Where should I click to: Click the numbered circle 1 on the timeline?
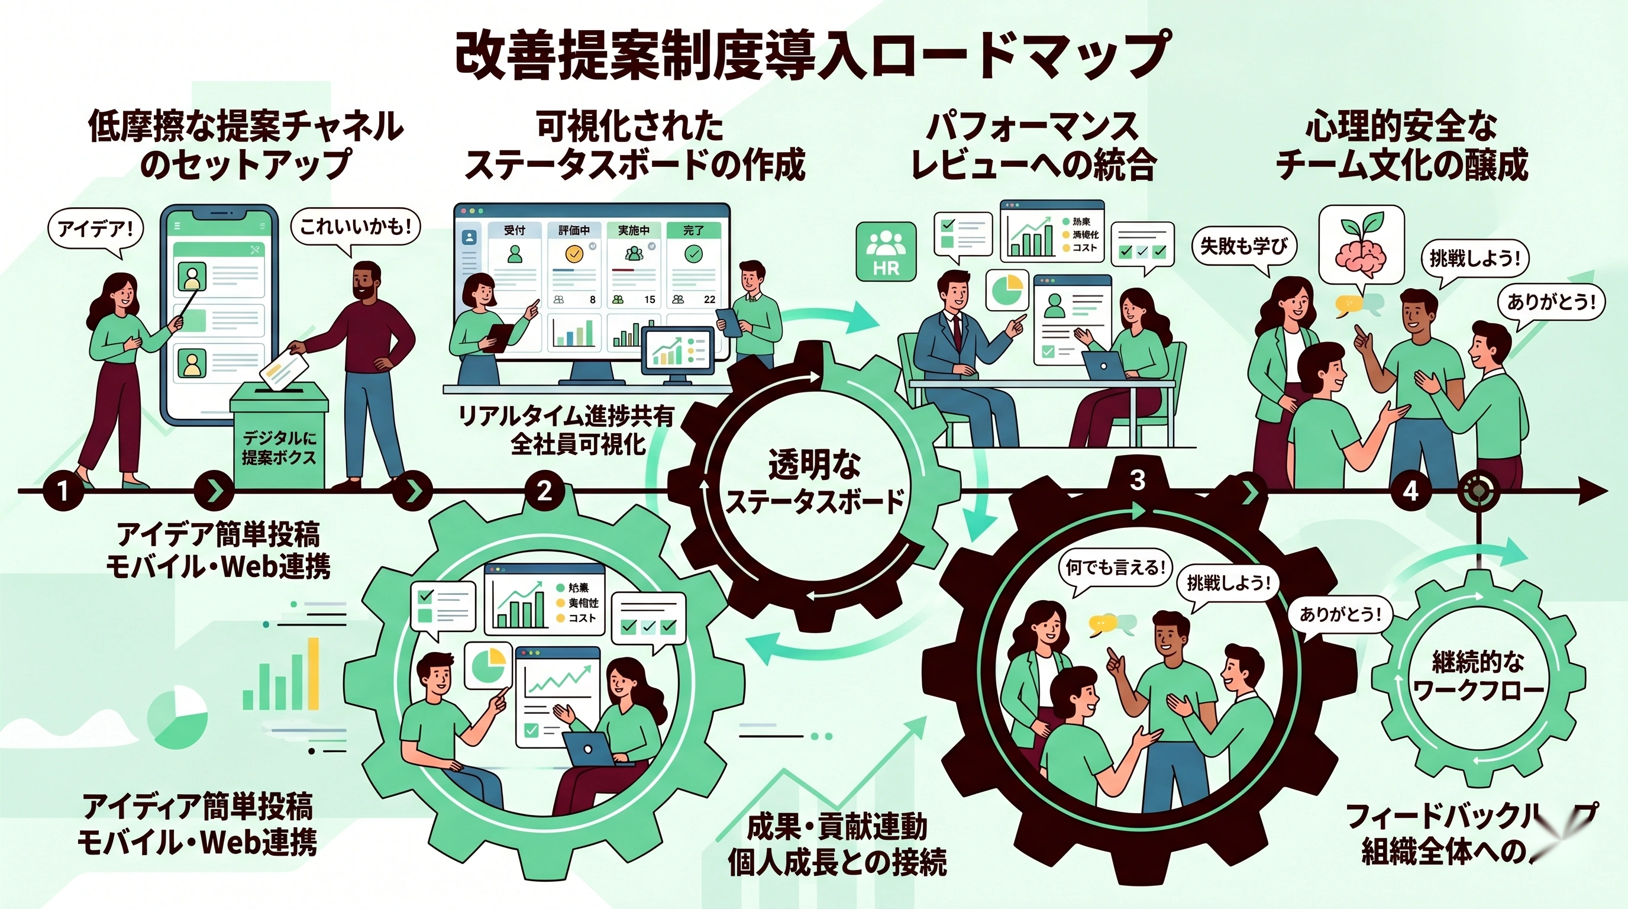[63, 491]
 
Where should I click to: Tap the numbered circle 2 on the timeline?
[544, 491]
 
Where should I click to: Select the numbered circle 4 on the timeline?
[1410, 491]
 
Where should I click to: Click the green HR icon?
[886, 251]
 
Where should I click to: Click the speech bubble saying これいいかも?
[355, 226]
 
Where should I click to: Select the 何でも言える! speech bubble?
[1116, 567]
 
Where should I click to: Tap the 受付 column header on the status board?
[515, 230]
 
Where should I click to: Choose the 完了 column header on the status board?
[693, 230]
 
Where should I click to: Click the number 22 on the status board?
[710, 299]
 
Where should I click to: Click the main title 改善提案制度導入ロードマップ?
[813, 54]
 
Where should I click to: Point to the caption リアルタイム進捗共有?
[566, 417]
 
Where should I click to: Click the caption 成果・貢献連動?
[836, 827]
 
